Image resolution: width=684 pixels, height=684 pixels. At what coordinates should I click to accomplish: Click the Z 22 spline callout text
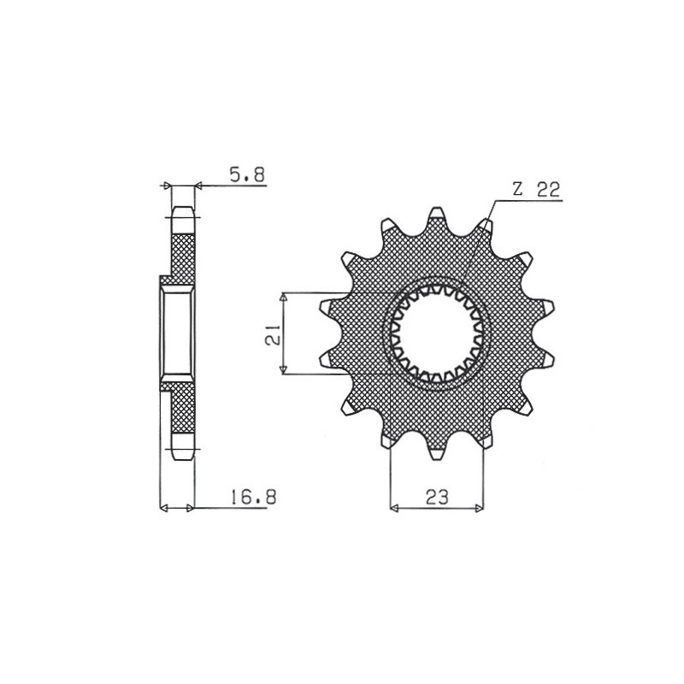[537, 192]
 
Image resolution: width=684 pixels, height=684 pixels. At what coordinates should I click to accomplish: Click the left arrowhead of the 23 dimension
[395, 509]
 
